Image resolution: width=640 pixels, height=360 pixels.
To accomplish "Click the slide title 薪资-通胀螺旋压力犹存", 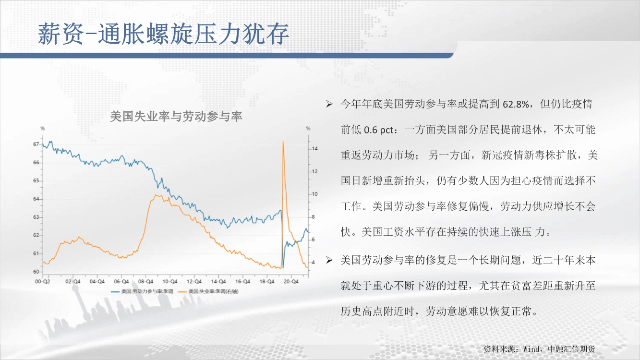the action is coord(163,34).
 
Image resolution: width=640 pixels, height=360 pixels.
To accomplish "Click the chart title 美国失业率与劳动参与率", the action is coord(176,116).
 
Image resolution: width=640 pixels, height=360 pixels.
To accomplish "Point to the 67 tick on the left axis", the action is coord(36,144).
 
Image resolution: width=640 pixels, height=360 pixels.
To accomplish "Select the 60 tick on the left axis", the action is coord(36,272).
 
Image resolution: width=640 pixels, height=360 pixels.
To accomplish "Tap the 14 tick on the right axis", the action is coord(314,149).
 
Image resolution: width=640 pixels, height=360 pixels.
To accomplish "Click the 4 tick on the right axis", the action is coord(313,262).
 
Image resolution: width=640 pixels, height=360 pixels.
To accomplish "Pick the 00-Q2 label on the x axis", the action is coord(42,281).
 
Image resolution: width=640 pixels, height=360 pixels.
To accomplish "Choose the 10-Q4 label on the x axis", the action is coord(169,281).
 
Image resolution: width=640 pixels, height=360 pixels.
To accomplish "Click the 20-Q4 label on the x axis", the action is coord(291,281).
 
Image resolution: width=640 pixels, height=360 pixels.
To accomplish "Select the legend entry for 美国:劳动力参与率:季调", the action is coord(142,291).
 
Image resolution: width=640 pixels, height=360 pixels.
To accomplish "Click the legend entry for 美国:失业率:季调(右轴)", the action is coord(208,291).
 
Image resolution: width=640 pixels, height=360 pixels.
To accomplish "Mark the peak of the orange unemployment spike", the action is coord(283,142).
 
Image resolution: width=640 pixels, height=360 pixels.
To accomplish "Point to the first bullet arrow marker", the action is coord(329,104).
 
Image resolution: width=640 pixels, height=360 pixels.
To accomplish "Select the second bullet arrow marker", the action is coord(329,260).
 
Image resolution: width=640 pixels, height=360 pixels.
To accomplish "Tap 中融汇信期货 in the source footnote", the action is coord(571,349).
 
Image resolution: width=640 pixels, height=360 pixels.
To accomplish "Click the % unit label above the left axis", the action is coord(43,129).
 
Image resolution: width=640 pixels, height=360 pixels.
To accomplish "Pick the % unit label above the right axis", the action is coord(308,129).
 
